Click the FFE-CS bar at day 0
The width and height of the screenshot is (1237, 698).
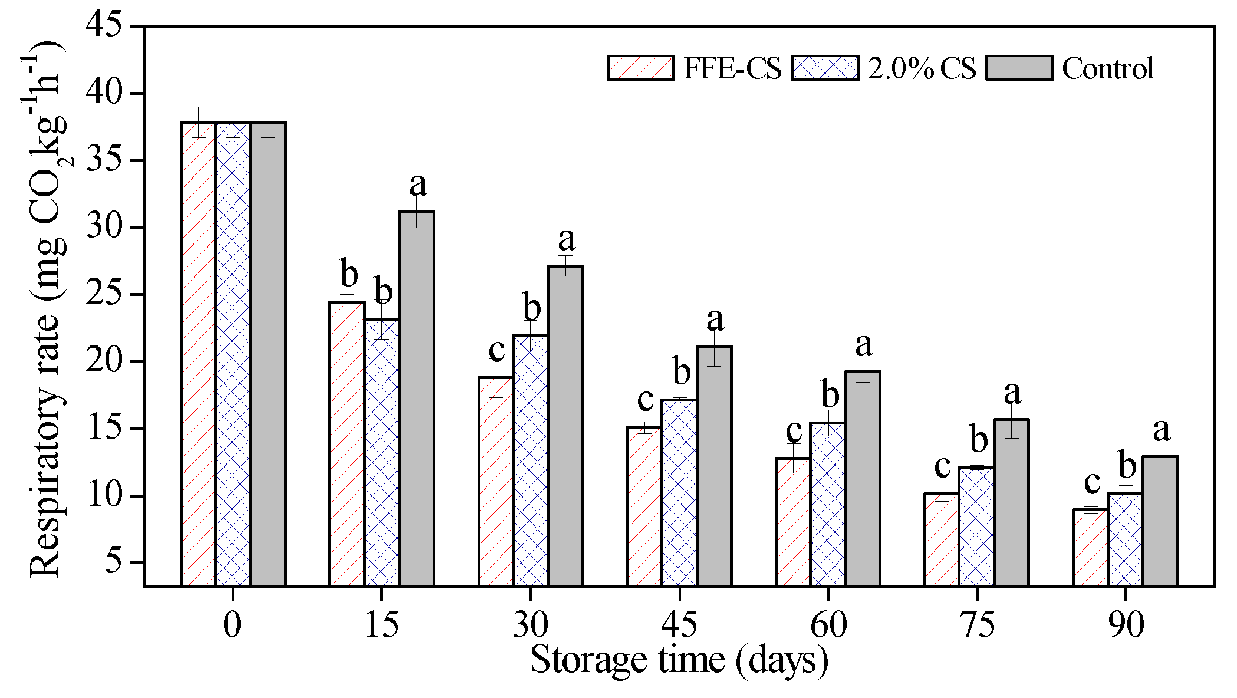(198, 354)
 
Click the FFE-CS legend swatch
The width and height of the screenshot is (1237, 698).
(640, 68)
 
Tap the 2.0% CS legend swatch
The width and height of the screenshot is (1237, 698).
(825, 68)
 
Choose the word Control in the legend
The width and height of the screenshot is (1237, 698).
(1107, 68)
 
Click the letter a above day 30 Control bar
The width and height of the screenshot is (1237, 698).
(566, 239)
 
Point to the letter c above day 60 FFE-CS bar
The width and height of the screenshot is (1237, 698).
(794, 431)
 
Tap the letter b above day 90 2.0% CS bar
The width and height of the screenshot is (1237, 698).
(1127, 466)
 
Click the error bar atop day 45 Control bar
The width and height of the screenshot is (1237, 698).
(714, 348)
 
